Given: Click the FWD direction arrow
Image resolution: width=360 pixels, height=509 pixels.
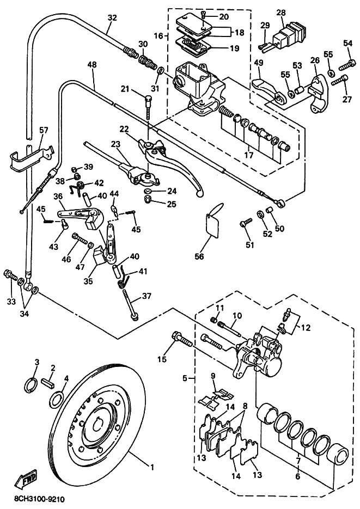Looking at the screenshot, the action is tap(26, 479).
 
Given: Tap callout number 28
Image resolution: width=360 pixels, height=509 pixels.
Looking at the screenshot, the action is tap(281, 13).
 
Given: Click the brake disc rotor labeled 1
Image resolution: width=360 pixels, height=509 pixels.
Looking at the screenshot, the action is tap(100, 424).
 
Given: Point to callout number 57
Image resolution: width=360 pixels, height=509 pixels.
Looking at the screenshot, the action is tap(44, 130).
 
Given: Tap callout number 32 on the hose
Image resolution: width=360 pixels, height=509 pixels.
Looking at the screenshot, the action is tap(112, 17).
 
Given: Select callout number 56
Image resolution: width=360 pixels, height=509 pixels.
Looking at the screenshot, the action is tap(199, 256).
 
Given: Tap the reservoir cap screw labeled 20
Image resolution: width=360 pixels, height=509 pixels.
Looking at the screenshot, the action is tap(203, 15).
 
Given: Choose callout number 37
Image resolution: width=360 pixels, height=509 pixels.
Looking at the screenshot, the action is tap(147, 296).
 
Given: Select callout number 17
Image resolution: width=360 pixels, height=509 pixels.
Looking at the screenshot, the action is tap(249, 155).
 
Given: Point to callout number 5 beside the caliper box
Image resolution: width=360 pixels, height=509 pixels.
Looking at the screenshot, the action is tap(185, 378).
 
